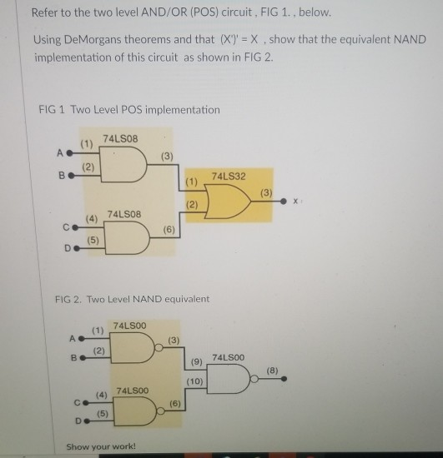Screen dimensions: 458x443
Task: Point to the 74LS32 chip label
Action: click(x=229, y=177)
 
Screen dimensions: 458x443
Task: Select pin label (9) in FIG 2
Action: click(x=196, y=362)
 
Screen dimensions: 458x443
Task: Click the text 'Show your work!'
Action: click(x=100, y=446)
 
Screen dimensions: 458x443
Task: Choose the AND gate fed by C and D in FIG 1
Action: click(x=124, y=237)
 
